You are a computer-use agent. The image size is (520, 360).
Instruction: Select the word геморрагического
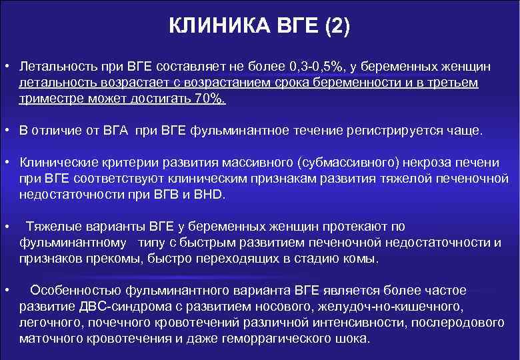[x=282, y=339]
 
